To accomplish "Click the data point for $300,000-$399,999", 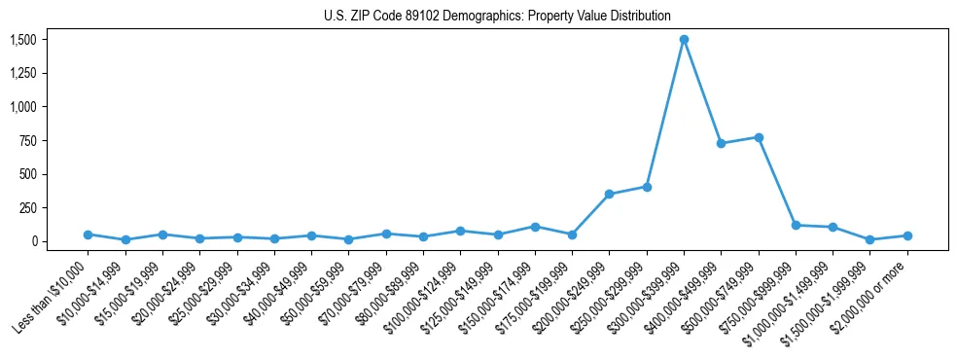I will (684, 40).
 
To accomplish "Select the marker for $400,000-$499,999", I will (721, 143).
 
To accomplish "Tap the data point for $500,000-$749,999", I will (759, 137).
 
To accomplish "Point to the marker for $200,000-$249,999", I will (609, 195).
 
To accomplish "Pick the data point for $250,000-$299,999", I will (647, 187).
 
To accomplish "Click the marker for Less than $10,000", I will (88, 234).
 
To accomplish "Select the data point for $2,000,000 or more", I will (907, 235).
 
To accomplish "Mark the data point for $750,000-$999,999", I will (796, 226).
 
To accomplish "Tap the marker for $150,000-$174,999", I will (535, 227).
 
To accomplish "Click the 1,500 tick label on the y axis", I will (22, 40).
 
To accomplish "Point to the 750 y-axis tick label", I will (27, 141).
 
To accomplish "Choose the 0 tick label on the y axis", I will (33, 241).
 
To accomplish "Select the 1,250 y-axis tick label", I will (22, 74).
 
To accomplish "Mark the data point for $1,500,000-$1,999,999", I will (870, 239).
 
